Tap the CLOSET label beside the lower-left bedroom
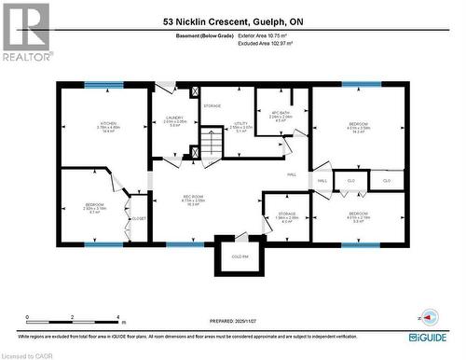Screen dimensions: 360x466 coord(139,218)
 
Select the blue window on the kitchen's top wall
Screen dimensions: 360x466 coord(103,86)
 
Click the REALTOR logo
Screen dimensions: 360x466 coord(25,33)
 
